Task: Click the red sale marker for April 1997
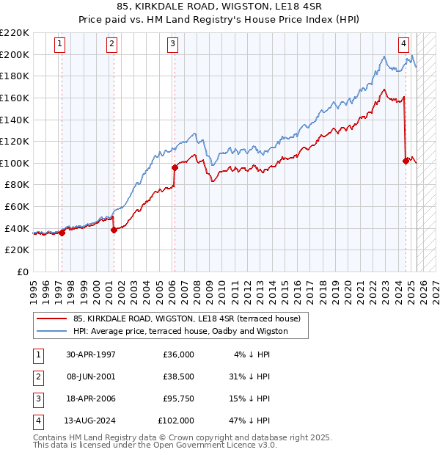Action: [x=62, y=233]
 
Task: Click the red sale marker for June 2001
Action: [x=114, y=230]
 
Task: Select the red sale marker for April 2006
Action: [x=175, y=167]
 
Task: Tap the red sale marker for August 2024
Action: [x=406, y=161]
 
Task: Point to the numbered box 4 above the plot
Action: [x=403, y=43]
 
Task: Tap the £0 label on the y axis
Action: [x=22, y=272]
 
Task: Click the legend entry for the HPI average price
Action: [x=180, y=331]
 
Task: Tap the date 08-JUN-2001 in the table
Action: [x=91, y=376]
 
